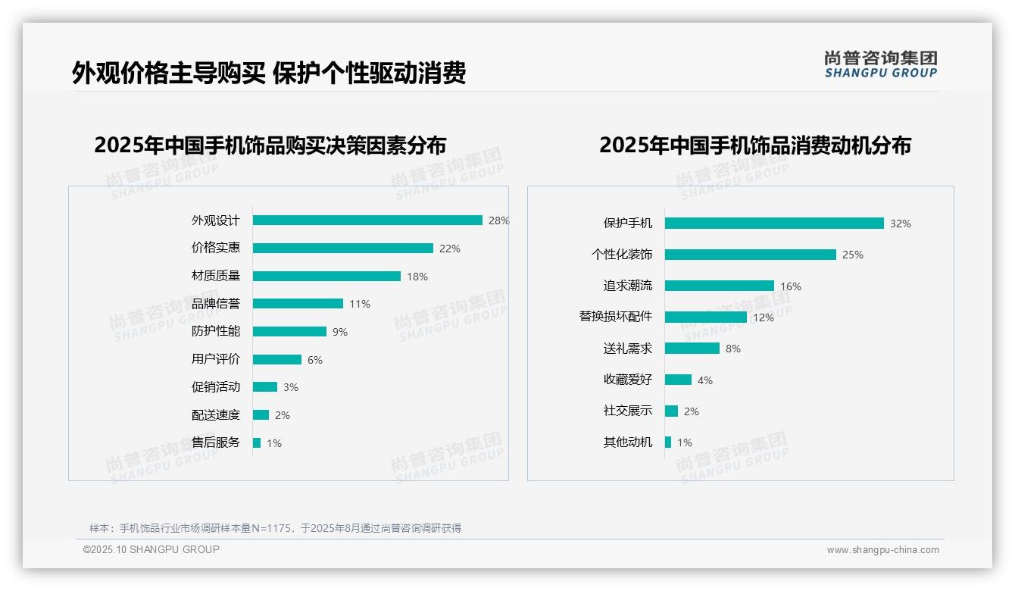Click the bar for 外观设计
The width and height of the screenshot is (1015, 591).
click(x=367, y=220)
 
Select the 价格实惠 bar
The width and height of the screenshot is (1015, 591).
click(x=342, y=249)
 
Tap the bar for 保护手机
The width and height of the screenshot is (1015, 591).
click(x=774, y=224)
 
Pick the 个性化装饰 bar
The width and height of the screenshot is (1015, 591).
click(x=750, y=255)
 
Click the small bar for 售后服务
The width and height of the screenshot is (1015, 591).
click(x=257, y=442)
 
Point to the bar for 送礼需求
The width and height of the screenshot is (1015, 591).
click(x=692, y=349)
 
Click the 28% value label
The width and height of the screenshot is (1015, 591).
click(x=498, y=220)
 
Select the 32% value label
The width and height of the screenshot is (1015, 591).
click(x=900, y=224)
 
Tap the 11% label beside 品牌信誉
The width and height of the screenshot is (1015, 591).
click(x=359, y=304)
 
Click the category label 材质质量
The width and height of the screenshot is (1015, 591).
click(x=215, y=276)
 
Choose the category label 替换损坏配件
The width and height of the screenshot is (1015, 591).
click(x=615, y=317)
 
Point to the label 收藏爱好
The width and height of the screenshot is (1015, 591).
click(x=627, y=380)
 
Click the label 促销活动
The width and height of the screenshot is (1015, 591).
click(x=215, y=387)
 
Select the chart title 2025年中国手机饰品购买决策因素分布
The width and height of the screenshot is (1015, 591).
click(x=270, y=145)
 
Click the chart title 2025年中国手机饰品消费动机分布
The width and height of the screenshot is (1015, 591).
click(x=754, y=145)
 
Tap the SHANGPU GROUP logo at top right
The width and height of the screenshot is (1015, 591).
click(x=880, y=64)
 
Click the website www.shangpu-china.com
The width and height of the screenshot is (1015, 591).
click(x=882, y=550)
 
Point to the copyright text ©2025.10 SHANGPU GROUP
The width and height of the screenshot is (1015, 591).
click(x=151, y=549)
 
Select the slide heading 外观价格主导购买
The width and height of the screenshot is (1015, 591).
click(x=169, y=73)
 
